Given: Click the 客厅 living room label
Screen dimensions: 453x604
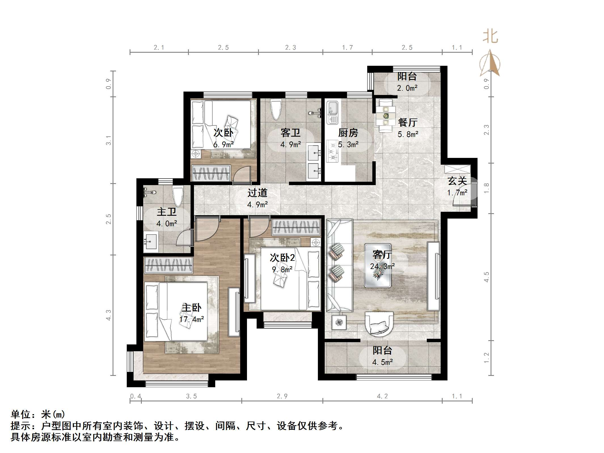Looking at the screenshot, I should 382,255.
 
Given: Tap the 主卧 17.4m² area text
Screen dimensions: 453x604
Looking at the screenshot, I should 192,319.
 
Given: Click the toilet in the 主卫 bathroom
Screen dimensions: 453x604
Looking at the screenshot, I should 178,196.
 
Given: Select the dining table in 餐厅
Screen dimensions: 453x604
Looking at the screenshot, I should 386,116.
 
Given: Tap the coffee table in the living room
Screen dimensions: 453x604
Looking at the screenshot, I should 378,265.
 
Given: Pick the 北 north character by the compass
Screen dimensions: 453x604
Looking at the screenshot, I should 490,37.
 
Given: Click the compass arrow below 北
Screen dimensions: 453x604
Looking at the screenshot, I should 490,64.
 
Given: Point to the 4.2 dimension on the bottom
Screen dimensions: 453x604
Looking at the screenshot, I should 382,396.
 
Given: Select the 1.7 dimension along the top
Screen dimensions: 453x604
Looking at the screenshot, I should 347,48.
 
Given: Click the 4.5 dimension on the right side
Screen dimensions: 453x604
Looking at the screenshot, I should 487,277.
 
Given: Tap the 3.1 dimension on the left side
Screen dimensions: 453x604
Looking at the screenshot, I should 109,140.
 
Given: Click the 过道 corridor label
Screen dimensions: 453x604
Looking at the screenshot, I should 257,193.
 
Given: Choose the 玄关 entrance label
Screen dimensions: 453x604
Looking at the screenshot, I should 457,181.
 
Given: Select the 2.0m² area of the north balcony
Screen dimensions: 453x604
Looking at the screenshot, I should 407,88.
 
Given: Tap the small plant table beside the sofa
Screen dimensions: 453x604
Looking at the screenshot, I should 339,322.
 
